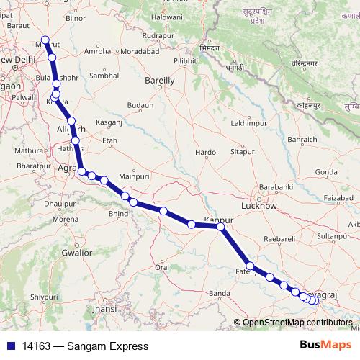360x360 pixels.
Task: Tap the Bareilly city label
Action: pyautogui.click(x=160, y=81)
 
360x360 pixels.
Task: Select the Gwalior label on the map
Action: pyautogui.click(x=76, y=253)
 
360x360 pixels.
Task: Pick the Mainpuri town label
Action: pyautogui.click(x=132, y=175)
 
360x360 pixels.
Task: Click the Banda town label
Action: pyautogui.click(x=219, y=293)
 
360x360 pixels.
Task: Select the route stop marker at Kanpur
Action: pyautogui.click(x=221, y=227)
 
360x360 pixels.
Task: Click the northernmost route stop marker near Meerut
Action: pyautogui.click(x=45, y=40)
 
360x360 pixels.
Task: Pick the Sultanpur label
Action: pyautogui.click(x=333, y=235)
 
